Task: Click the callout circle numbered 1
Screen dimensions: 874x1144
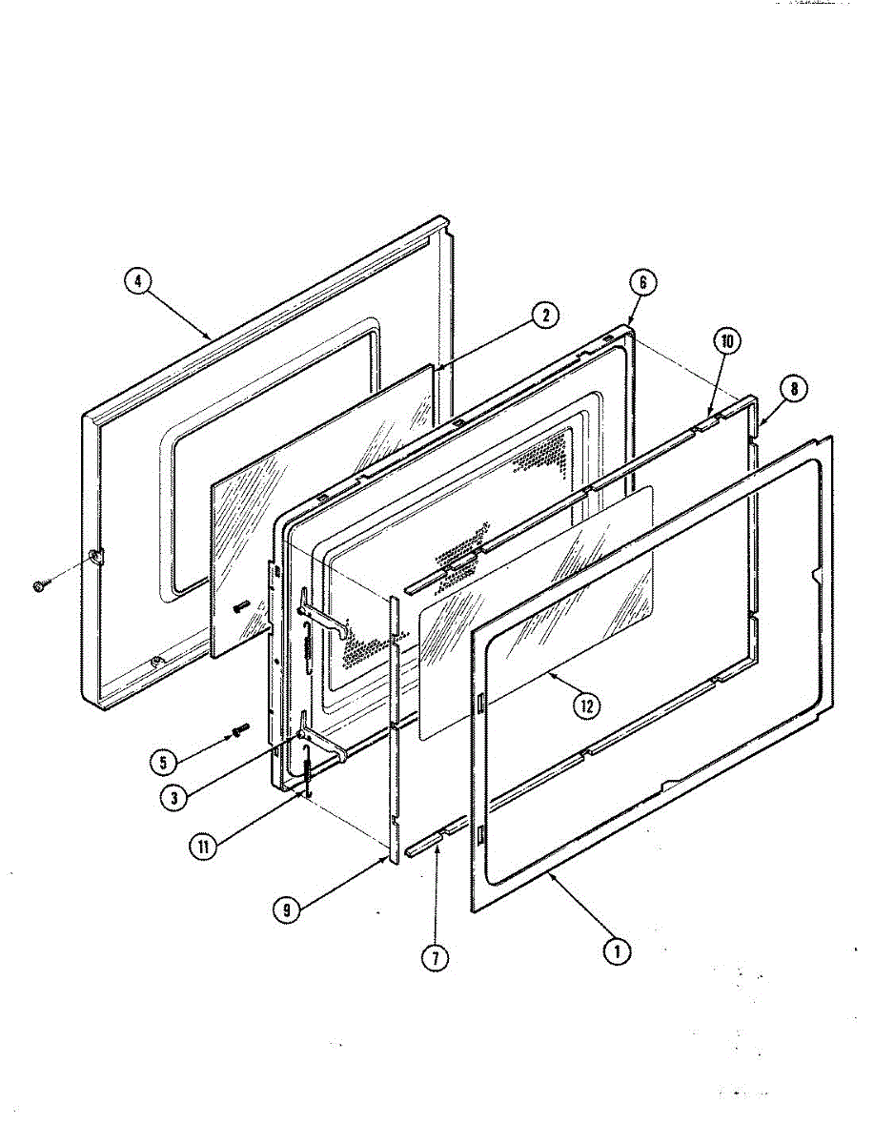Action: point(618,950)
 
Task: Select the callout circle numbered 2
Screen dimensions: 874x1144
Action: point(545,316)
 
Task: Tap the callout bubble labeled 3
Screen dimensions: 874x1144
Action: point(173,797)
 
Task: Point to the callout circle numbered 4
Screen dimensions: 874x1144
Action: point(139,281)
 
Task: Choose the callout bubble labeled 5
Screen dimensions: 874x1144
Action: point(165,762)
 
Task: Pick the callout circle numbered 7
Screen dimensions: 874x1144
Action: point(435,958)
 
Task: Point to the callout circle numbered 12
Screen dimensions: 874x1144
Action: point(587,705)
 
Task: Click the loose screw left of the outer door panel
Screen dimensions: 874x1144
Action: point(39,587)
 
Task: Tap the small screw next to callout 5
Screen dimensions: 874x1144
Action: point(237,730)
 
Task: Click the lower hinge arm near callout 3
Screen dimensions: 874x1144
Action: point(318,745)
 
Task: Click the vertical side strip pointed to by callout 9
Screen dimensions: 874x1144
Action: point(393,725)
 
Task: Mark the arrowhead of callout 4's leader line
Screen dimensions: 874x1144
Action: point(210,337)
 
